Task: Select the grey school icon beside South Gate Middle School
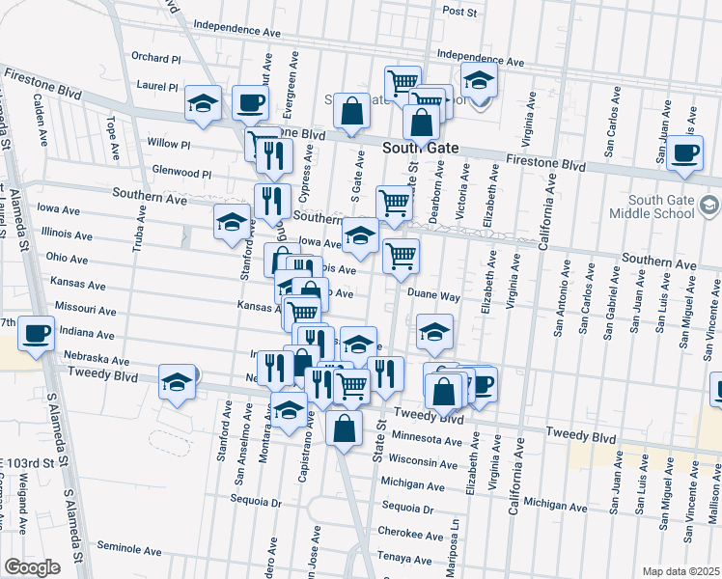709,204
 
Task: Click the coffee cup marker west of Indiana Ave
37,335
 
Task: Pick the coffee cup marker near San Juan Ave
685,152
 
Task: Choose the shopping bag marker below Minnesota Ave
344,430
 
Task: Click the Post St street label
459,12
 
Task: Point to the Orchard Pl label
155,58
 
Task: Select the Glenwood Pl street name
181,173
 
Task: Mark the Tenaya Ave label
399,558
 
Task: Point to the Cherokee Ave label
402,532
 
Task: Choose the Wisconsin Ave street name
423,460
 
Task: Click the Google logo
32,567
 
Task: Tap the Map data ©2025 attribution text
680,570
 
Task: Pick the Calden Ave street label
41,119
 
